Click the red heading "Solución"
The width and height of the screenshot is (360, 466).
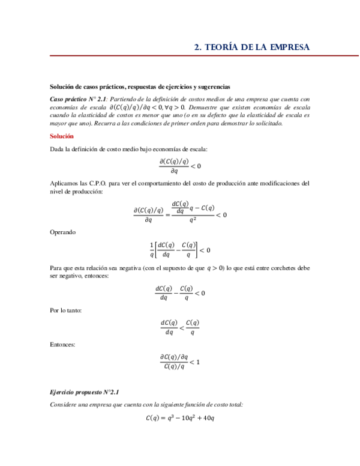tap(62, 136)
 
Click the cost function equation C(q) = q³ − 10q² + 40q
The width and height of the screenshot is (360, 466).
tap(180, 417)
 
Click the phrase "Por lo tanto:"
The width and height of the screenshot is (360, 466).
tap(66, 310)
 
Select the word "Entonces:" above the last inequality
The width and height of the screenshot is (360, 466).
tap(63, 345)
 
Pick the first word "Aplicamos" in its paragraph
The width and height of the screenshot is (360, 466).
tap(65, 183)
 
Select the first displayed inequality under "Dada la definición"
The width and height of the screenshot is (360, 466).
tap(180, 166)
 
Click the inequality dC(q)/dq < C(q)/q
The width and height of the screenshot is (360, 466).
tap(180, 327)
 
